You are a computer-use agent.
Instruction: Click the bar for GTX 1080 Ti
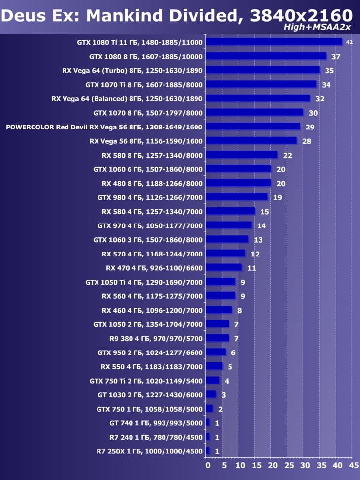(x=274, y=42)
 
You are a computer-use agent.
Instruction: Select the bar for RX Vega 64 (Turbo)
(x=262, y=70)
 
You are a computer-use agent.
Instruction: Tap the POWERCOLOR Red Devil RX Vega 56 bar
(x=253, y=127)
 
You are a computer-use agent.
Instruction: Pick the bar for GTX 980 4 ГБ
(x=236, y=197)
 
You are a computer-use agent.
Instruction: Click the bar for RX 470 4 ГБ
(x=224, y=267)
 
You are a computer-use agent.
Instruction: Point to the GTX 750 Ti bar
(x=212, y=380)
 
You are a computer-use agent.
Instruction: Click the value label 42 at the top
(x=349, y=42)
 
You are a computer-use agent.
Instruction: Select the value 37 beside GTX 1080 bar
(x=336, y=57)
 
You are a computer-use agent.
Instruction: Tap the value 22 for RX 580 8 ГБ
(x=288, y=155)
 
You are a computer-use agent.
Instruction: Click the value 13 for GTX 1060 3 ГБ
(x=258, y=240)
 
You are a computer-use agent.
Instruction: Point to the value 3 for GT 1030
(x=223, y=394)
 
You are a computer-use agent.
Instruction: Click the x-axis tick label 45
(x=353, y=465)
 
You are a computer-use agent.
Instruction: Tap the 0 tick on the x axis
(x=208, y=465)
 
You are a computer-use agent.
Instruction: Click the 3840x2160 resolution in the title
(x=301, y=15)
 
